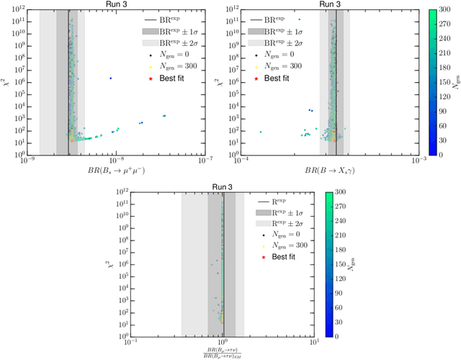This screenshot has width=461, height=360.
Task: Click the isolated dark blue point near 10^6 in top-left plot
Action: (x=110, y=78)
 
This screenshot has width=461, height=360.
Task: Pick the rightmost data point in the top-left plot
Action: (x=164, y=116)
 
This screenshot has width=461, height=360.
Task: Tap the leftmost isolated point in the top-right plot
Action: (x=261, y=132)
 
